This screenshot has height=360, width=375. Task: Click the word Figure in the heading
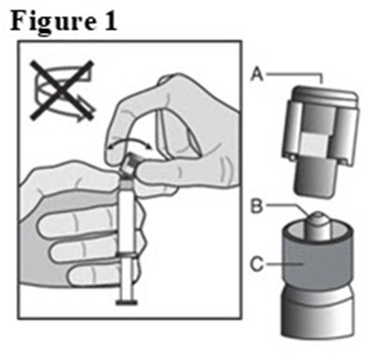pos(55,20)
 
